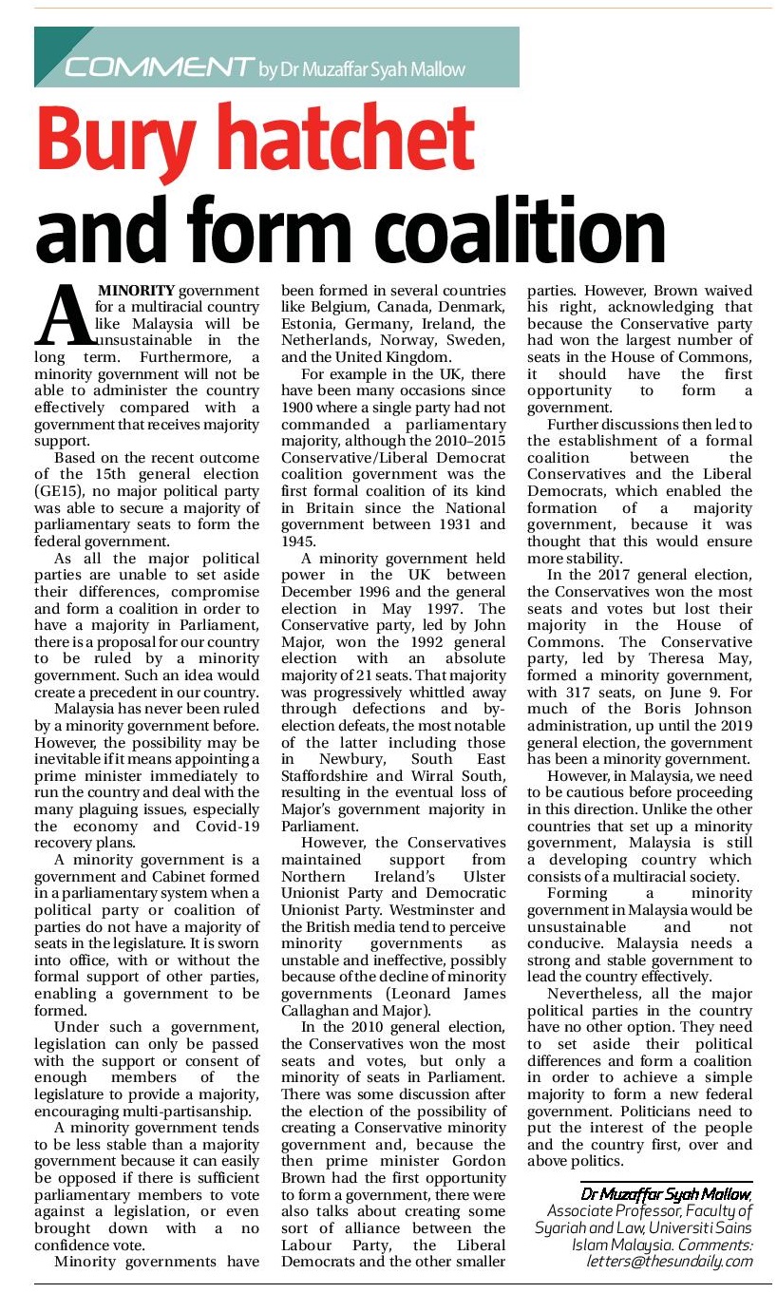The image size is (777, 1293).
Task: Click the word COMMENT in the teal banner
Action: click(157, 67)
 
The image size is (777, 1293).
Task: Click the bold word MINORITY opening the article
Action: click(138, 290)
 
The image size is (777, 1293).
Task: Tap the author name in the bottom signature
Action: click(666, 1193)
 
